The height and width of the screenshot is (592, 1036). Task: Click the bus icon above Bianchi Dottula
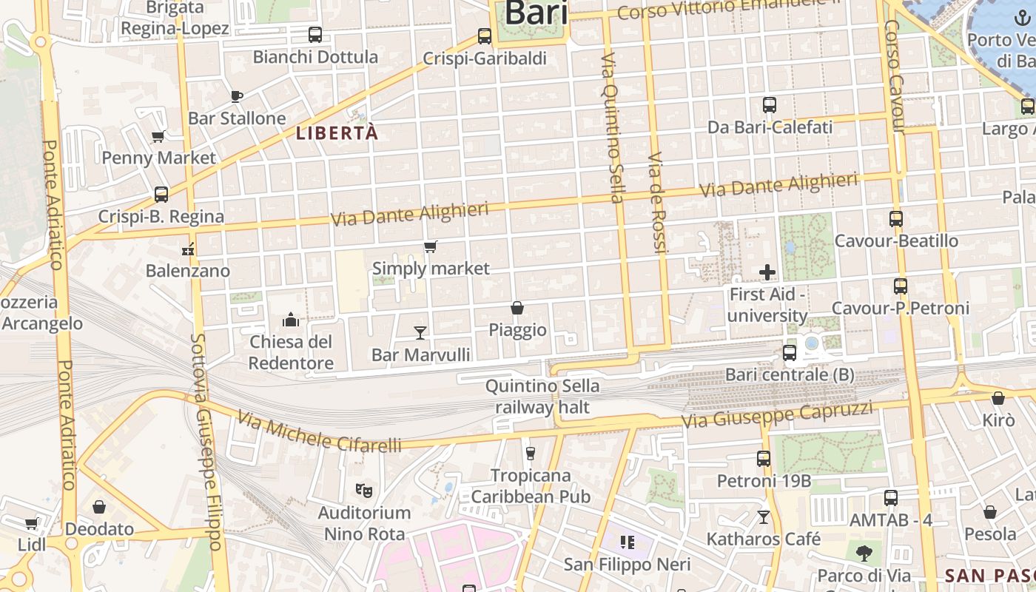point(314,34)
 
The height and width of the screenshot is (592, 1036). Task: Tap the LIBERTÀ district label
point(337,133)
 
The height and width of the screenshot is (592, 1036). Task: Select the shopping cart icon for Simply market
point(430,246)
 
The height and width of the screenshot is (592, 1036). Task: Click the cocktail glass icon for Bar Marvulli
point(420,332)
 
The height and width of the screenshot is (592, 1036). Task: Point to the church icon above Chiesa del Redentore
point(291,320)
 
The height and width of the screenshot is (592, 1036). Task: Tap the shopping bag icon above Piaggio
point(517,308)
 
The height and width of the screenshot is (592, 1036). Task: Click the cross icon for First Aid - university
point(767,272)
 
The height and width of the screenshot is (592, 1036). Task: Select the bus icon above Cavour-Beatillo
point(896,219)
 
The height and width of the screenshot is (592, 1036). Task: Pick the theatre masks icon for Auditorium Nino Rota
point(363,490)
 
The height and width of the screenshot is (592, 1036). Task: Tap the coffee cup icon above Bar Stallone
point(237,95)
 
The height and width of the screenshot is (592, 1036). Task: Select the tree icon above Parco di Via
point(864,552)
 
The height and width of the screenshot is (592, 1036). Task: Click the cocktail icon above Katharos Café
point(764,517)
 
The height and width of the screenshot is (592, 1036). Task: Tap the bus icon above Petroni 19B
point(764,459)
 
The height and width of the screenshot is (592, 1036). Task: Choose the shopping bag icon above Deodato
point(99,507)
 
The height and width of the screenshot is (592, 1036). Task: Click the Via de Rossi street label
point(656,203)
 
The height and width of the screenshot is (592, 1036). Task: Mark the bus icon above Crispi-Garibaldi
point(485,36)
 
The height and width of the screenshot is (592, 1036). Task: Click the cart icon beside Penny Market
point(158,136)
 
